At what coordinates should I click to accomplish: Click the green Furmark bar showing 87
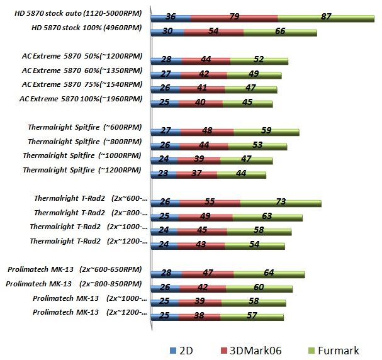click(326, 17)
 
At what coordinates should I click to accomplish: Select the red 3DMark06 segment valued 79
click(234, 17)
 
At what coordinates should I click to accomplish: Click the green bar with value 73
click(281, 201)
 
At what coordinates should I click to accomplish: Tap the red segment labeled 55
click(210, 201)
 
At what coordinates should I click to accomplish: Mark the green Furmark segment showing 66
click(280, 31)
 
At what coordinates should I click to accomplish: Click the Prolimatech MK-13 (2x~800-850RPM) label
click(74, 284)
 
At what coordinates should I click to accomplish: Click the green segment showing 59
click(266, 131)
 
